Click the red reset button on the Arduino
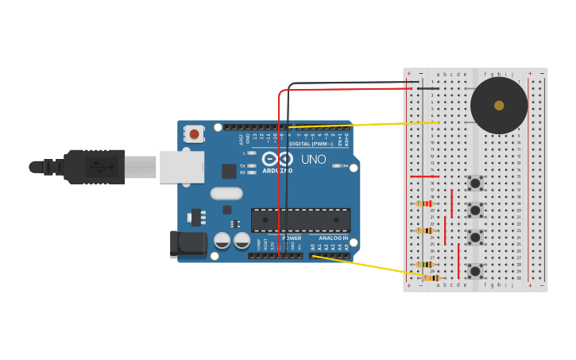(195, 134)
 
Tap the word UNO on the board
(313, 159)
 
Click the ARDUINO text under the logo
(278, 169)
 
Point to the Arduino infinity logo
(278, 158)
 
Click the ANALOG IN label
(334, 238)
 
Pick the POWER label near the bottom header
(292, 238)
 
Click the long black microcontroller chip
(300, 220)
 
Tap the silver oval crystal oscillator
(226, 193)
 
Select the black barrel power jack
(187, 243)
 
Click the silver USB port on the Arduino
(181, 167)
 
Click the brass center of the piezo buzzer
(499, 106)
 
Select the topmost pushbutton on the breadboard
(475, 183)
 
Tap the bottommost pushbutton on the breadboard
(475, 271)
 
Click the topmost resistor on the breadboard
(425, 203)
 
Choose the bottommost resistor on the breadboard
(430, 277)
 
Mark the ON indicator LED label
(344, 165)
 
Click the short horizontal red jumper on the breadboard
(424, 176)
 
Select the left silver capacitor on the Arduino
(222, 240)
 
